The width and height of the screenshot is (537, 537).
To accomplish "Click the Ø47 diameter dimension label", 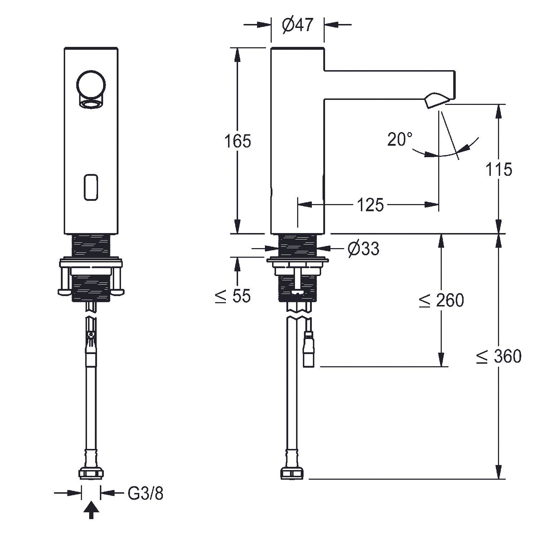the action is point(297,25).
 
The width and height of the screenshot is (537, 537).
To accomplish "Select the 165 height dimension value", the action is point(238,141).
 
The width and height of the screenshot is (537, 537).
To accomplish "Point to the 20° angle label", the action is point(400,139).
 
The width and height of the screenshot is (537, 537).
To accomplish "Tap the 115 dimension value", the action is point(499,169).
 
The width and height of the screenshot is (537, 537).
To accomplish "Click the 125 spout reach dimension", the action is point(370,205).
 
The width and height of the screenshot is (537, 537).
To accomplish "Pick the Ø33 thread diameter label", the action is point(363,248).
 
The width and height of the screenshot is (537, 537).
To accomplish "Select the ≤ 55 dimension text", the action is point(233,296).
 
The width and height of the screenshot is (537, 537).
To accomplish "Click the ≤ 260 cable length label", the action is point(441,300).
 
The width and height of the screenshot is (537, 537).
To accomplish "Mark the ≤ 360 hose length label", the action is point(499,356).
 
